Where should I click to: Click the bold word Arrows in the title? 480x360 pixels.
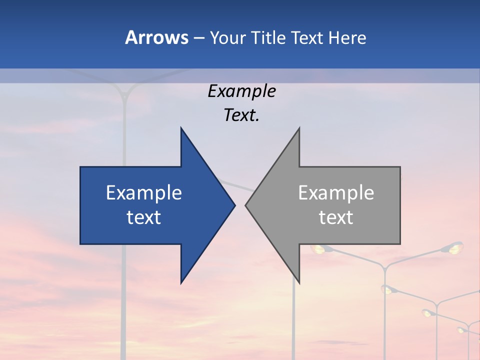point(156,37)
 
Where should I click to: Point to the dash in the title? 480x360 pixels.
point(199,38)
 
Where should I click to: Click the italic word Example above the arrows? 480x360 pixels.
point(241,91)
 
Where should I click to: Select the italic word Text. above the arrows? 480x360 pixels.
point(241,115)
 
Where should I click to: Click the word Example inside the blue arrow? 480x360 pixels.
point(144,193)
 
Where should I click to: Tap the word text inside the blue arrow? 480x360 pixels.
point(144,217)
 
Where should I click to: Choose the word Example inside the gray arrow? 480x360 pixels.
point(336,193)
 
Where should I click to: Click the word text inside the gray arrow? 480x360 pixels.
point(336,217)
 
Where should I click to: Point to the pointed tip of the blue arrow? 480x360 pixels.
point(235,205)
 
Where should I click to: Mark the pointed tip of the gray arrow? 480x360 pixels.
point(245,205)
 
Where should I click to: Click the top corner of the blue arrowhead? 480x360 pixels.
point(181,127)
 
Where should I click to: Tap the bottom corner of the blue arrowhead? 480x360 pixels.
point(181,283)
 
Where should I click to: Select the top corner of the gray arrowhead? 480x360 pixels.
point(299,127)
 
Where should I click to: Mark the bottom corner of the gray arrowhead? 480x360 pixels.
point(299,283)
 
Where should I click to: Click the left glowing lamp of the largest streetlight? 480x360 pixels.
point(318,248)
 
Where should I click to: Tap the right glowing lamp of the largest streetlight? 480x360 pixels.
point(454,247)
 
